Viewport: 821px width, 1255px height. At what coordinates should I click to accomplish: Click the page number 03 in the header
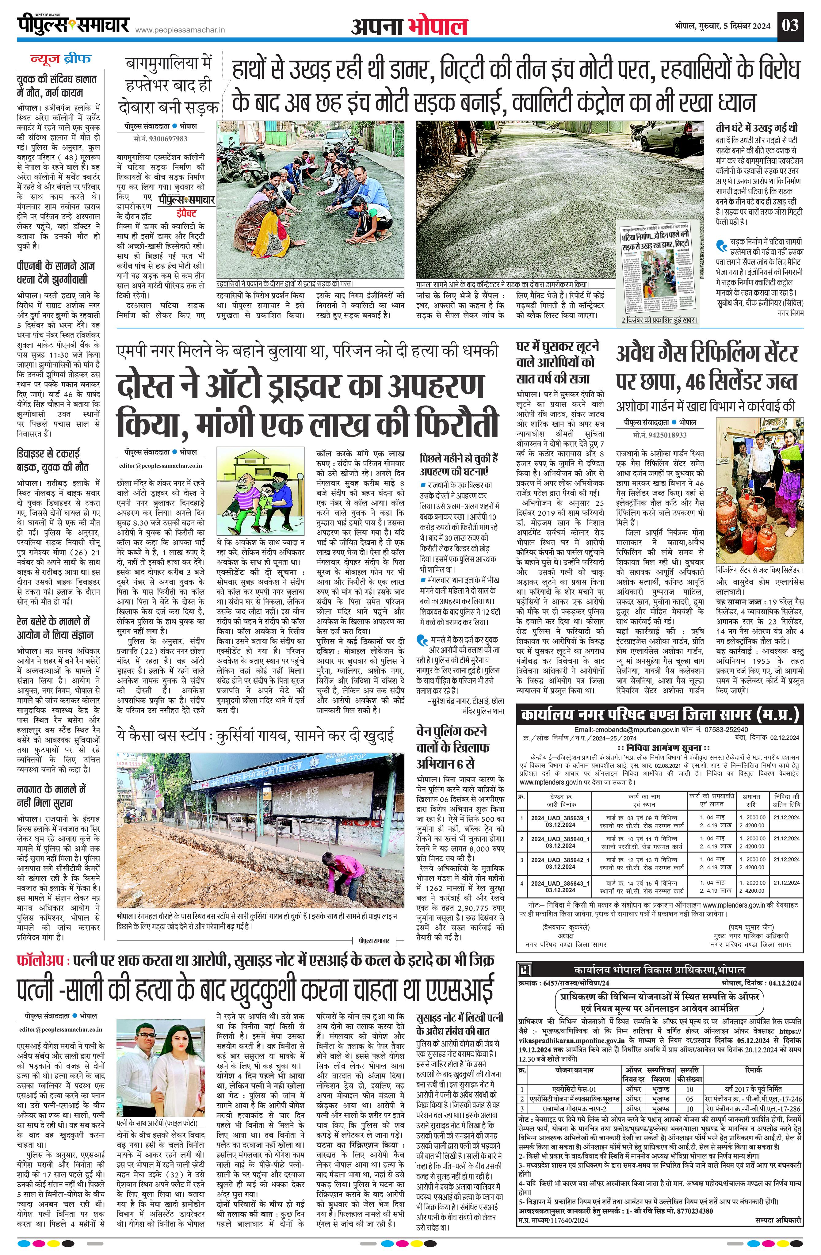click(x=790, y=25)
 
